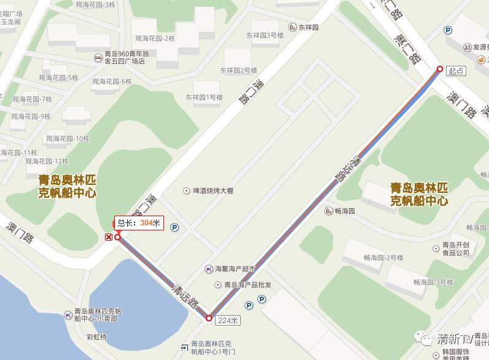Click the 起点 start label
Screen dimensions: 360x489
click(456, 71)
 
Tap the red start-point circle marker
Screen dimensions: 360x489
click(439, 69)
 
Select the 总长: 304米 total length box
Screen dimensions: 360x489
click(138, 224)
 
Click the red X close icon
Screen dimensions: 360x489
click(109, 237)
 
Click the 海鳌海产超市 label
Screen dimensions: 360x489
click(235, 269)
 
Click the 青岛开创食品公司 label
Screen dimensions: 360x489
click(455, 248)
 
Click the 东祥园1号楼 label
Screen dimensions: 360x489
click(204, 97)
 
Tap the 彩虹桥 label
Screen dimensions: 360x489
click(96, 337)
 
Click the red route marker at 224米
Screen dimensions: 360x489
click(209, 318)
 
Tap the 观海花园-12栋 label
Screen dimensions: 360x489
click(47, 161)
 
